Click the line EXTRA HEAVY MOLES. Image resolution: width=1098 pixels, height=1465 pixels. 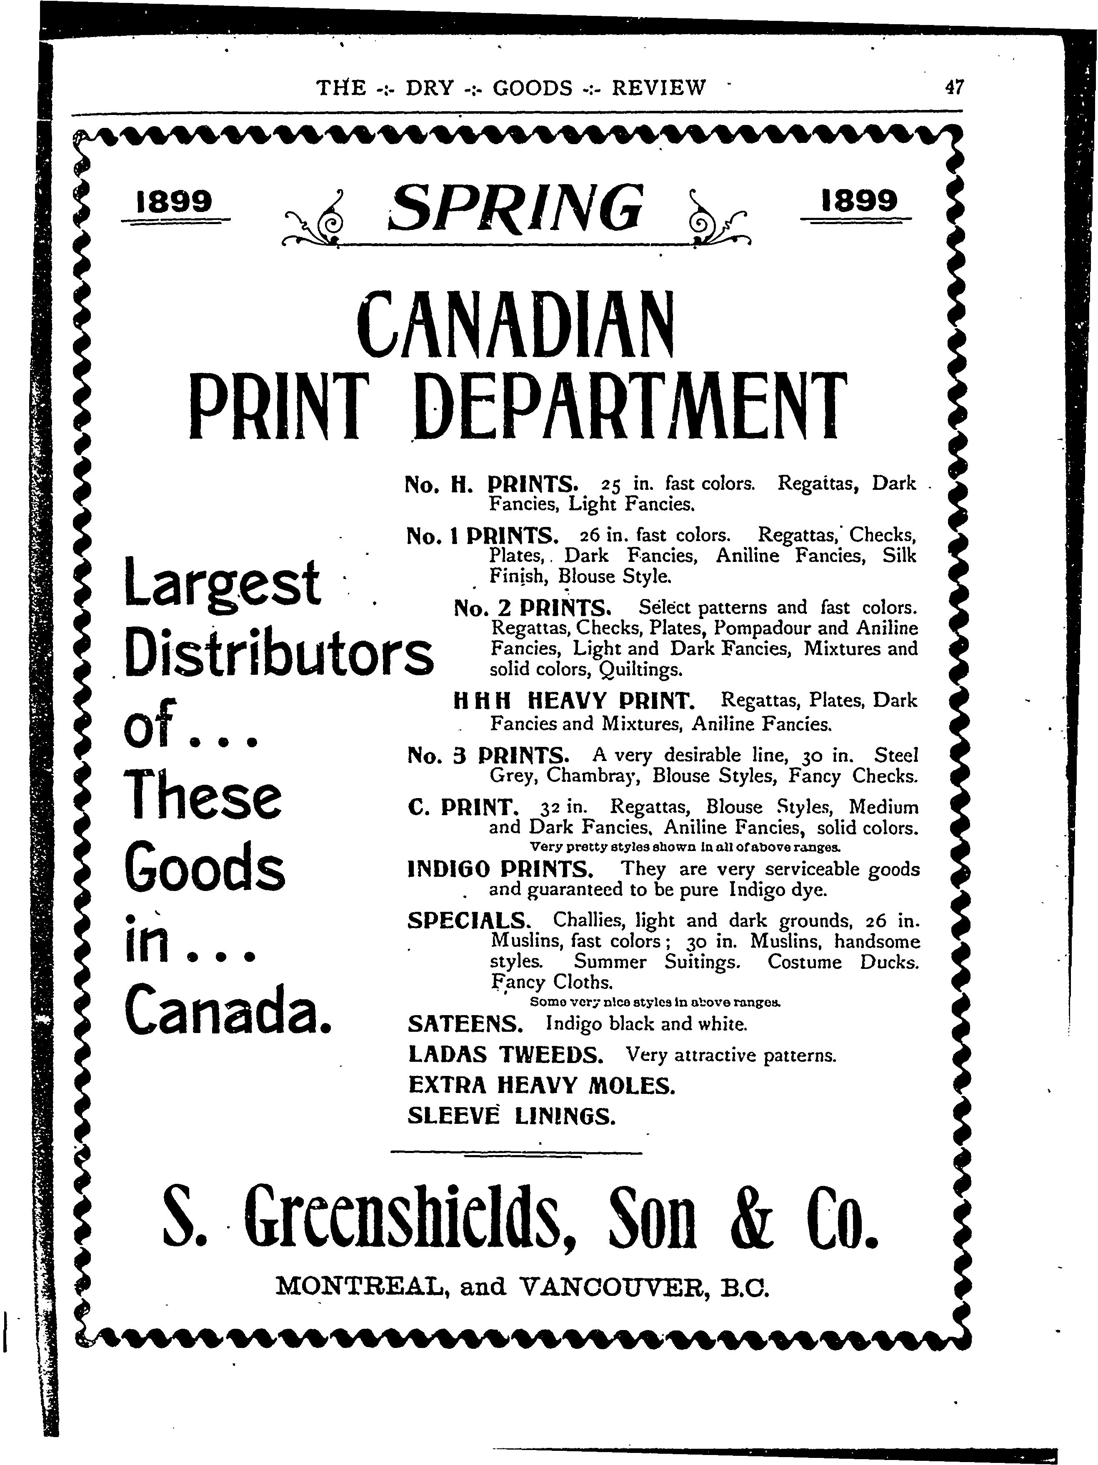[x=541, y=1085]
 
